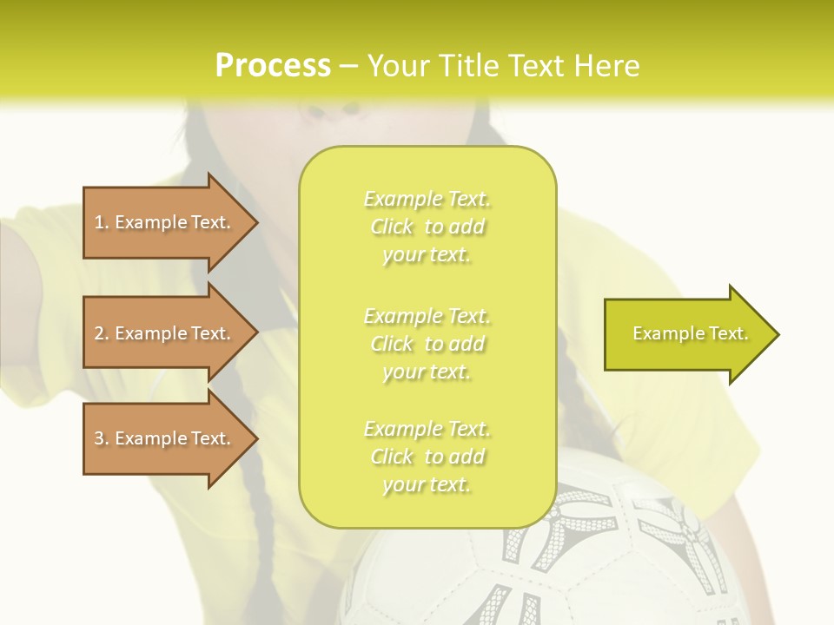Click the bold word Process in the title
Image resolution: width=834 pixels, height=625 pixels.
click(x=273, y=66)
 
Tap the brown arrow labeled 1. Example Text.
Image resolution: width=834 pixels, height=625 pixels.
click(x=165, y=222)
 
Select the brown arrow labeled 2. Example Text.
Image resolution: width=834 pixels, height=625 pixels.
click(x=165, y=333)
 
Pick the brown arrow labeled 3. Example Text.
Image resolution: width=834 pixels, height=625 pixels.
click(x=165, y=438)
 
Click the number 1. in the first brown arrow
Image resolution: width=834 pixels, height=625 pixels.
click(x=102, y=222)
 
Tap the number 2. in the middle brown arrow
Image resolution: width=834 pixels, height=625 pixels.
click(x=102, y=333)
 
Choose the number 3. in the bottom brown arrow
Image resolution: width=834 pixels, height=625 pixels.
click(x=102, y=438)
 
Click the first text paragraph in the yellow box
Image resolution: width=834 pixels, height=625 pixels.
click(x=427, y=227)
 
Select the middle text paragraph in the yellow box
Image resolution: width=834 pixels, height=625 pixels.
click(x=427, y=343)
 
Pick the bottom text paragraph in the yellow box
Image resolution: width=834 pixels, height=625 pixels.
click(x=427, y=457)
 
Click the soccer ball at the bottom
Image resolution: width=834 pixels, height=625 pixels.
click(x=556, y=556)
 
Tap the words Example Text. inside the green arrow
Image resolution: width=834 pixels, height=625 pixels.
click(x=690, y=333)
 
